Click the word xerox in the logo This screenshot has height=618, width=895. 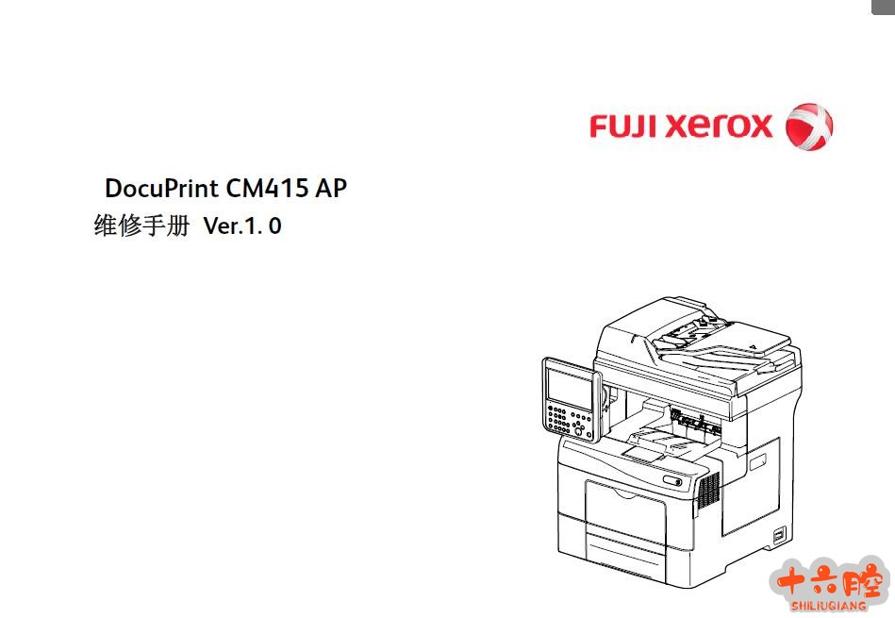tap(719, 125)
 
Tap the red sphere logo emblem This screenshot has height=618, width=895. tap(809, 126)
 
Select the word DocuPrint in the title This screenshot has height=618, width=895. tap(161, 188)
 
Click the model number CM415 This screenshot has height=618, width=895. tap(267, 188)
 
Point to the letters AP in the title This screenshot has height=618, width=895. tap(330, 188)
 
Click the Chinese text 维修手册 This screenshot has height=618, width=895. tap(141, 225)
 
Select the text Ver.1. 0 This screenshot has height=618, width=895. tap(242, 226)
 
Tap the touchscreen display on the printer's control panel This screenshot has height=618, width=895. tap(569, 387)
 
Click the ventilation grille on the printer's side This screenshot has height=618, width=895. tap(709, 490)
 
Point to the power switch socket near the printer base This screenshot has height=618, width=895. tap(779, 535)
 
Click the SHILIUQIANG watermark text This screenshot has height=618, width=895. tap(828, 606)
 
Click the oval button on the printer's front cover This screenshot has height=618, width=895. tap(672, 480)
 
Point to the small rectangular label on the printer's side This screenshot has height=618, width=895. tap(757, 461)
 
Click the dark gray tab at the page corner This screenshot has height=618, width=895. tap(883, 7)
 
